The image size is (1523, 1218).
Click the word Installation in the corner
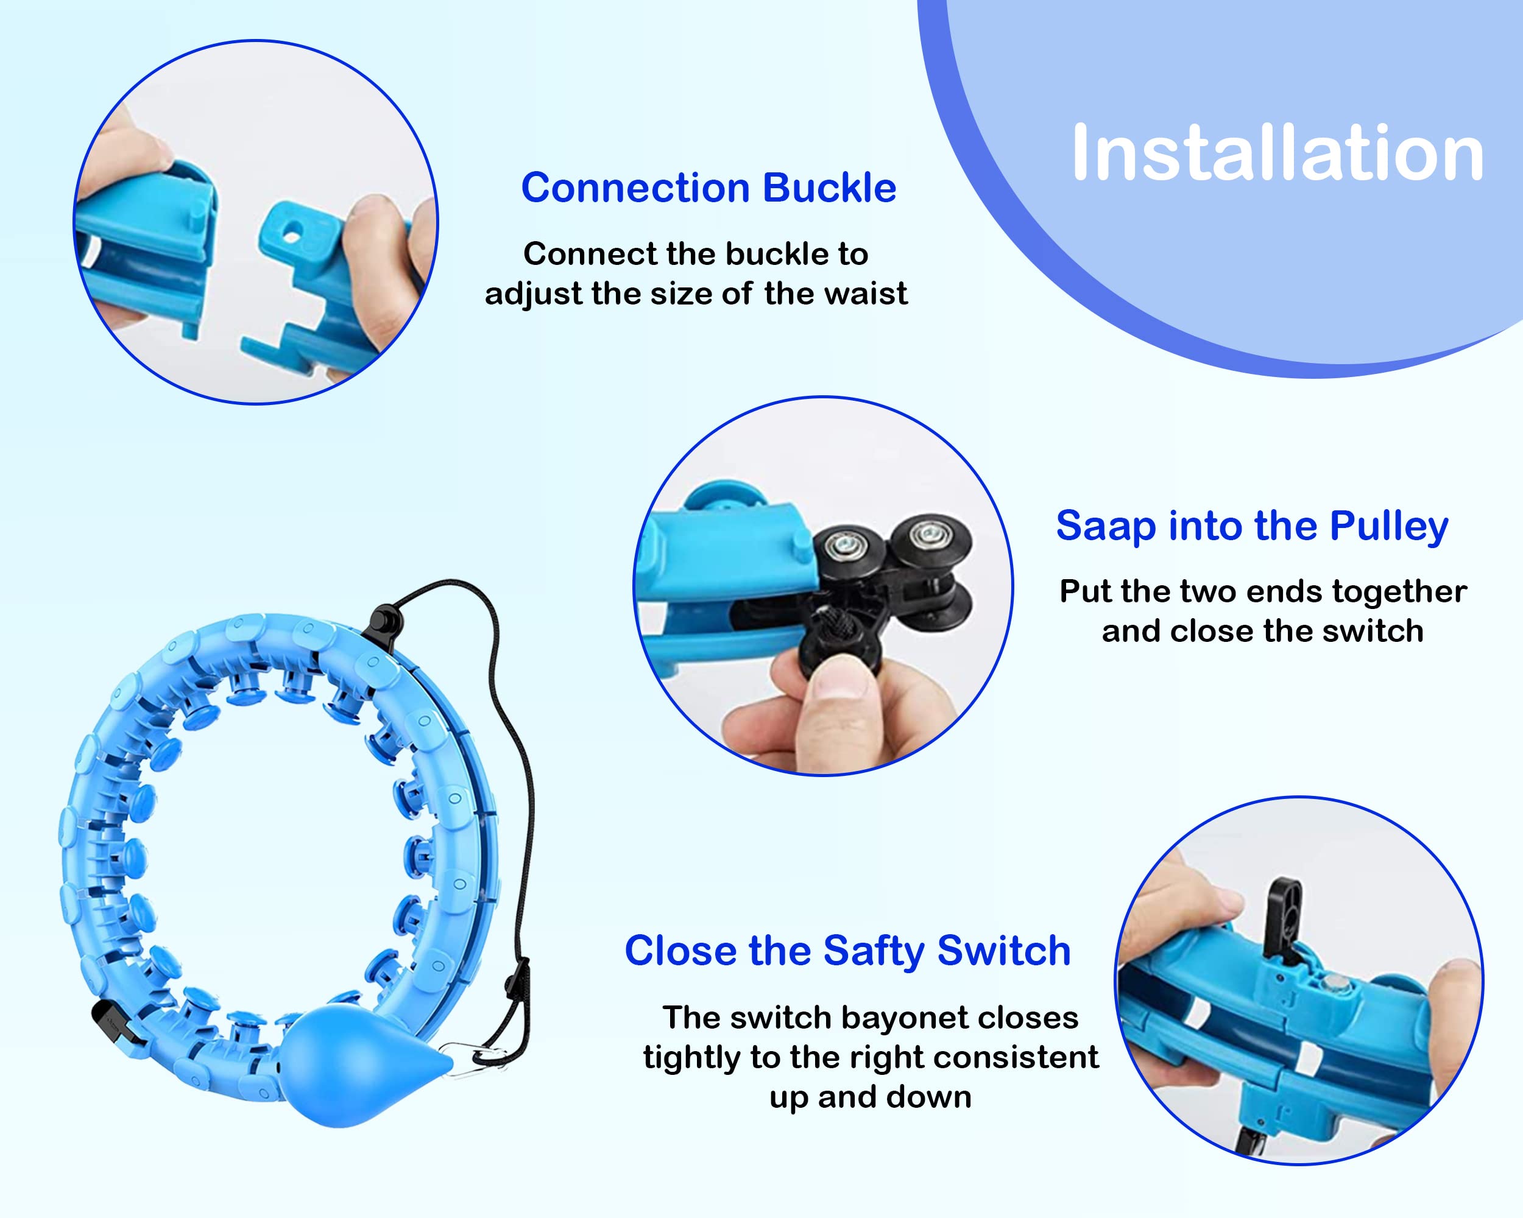coord(1277,153)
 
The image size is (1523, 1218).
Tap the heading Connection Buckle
coord(708,189)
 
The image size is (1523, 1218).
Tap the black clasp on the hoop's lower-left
coord(116,1023)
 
